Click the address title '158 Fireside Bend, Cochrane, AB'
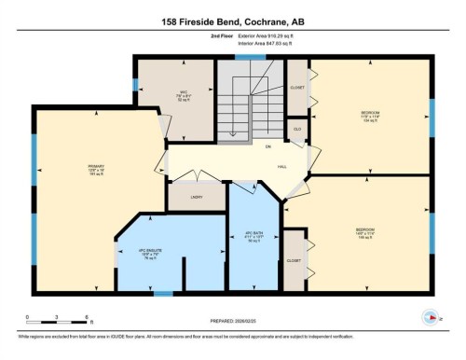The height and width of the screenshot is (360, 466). click(232, 21)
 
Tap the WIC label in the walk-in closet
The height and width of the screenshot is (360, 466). click(185, 91)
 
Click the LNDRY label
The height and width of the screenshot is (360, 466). click(197, 198)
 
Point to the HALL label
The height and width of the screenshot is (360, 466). click(281, 168)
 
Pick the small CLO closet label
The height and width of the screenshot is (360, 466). click(296, 129)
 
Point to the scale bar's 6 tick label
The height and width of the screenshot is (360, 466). click(86, 317)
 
